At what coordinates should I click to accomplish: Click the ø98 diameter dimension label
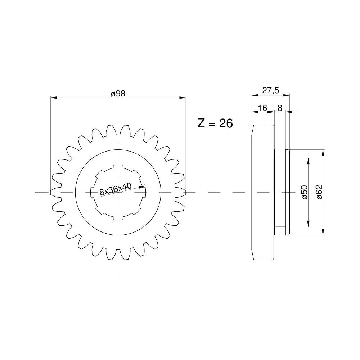click(x=118, y=94)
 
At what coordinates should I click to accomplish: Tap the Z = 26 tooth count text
click(x=215, y=123)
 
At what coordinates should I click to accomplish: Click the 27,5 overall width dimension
click(x=270, y=90)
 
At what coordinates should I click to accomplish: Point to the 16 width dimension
click(x=262, y=108)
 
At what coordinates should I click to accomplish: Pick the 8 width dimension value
click(x=280, y=108)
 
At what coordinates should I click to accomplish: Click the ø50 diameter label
click(x=305, y=192)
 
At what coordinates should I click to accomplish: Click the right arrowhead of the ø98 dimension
click(x=183, y=98)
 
